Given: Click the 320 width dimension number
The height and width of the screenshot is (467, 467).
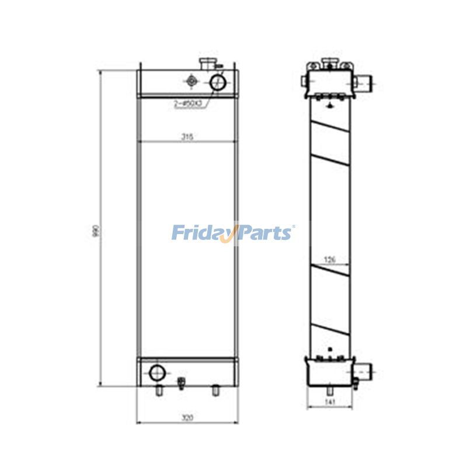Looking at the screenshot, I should (186, 418).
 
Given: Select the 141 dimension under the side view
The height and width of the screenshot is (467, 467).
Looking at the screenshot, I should (330, 402).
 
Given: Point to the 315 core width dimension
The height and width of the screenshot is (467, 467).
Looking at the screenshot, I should (187, 137).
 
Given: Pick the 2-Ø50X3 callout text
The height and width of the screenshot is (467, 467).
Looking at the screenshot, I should (187, 103).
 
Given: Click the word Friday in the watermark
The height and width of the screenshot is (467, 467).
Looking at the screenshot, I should (201, 233).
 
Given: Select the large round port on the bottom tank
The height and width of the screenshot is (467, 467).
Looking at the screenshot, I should (157, 372).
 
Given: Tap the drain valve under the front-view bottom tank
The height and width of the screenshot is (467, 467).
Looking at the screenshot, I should (180, 384).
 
